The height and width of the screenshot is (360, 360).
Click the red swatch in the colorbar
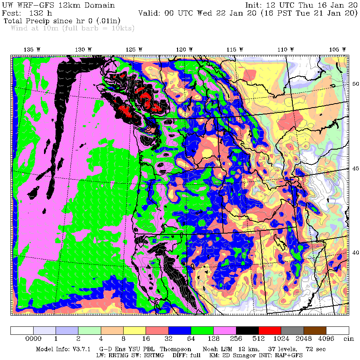click(270, 330)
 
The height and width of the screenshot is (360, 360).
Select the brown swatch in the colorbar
click(315, 330)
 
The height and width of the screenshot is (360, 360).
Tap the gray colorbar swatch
click(292, 330)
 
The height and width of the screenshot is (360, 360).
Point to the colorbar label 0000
click(33, 338)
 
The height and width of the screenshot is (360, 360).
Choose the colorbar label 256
click(236, 338)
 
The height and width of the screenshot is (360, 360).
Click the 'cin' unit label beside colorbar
click(349, 338)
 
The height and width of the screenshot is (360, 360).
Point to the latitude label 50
click(355, 84)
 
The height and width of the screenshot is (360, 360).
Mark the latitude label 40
click(355, 252)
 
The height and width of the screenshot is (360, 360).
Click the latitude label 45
click(355, 168)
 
